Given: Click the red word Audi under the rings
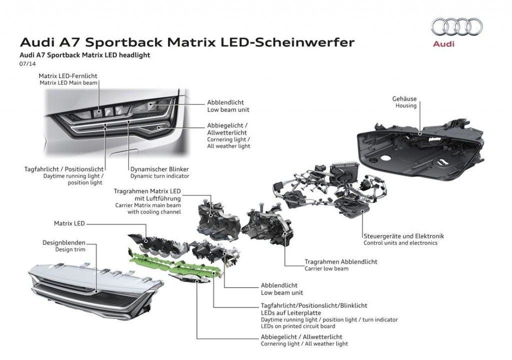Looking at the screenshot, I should coord(444,43).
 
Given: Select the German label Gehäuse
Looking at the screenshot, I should coord(404,99).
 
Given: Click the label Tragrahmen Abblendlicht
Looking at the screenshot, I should coord(341,261).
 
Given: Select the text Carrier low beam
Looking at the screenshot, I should coord(326,268).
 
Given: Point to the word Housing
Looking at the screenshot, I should coord(405,106).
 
